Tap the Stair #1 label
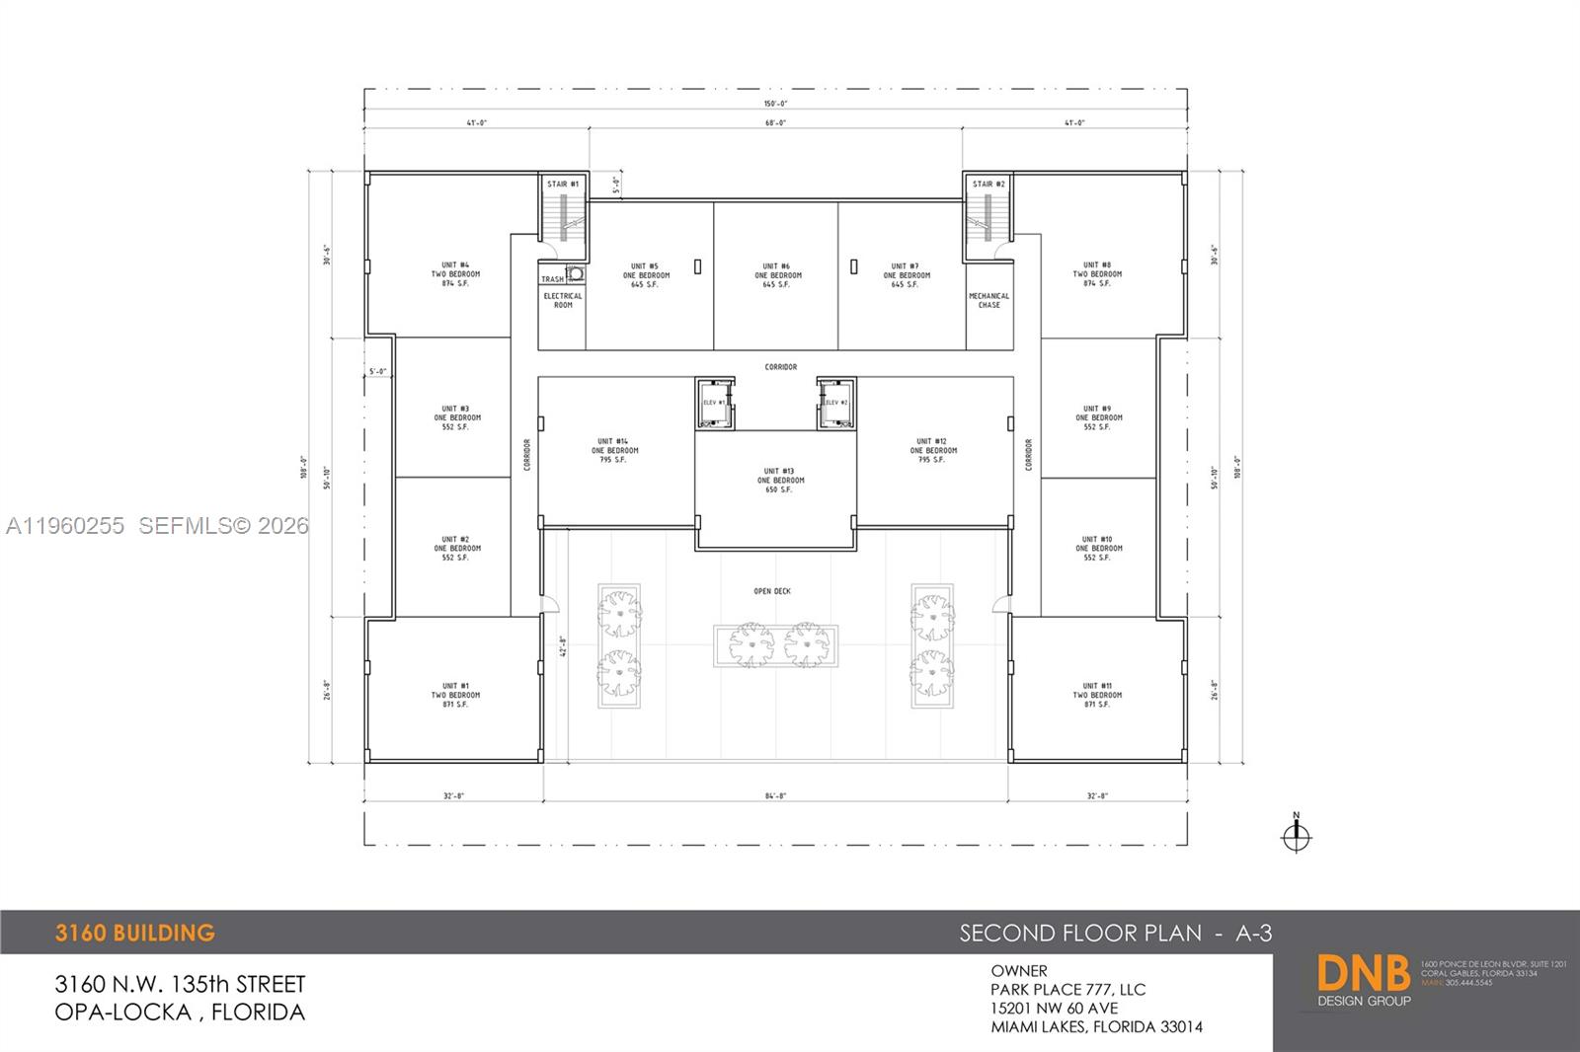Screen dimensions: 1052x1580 (x=563, y=184)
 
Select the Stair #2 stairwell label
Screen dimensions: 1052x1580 (x=988, y=184)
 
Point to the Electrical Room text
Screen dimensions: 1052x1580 (x=563, y=300)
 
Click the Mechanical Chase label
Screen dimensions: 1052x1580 (x=988, y=300)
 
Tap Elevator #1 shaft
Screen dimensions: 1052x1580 (x=714, y=403)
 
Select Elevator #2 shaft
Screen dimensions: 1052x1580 (x=835, y=403)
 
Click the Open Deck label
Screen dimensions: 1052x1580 (x=772, y=591)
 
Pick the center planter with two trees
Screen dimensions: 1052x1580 (x=776, y=645)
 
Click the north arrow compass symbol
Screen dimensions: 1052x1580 (x=1296, y=836)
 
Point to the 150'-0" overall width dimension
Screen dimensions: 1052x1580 (x=775, y=104)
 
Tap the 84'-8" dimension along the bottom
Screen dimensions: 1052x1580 (x=775, y=795)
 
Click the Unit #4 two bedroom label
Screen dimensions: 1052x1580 (x=455, y=274)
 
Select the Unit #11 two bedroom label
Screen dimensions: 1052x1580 (x=1097, y=695)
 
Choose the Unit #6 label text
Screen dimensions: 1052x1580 (x=777, y=275)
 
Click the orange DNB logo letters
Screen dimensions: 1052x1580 (x=1363, y=974)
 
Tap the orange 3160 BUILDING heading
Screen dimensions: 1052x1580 (x=134, y=933)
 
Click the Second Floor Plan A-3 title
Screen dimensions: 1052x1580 (x=1115, y=933)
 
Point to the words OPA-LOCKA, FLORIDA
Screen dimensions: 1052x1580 (x=180, y=1012)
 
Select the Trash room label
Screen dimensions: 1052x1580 (x=552, y=279)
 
